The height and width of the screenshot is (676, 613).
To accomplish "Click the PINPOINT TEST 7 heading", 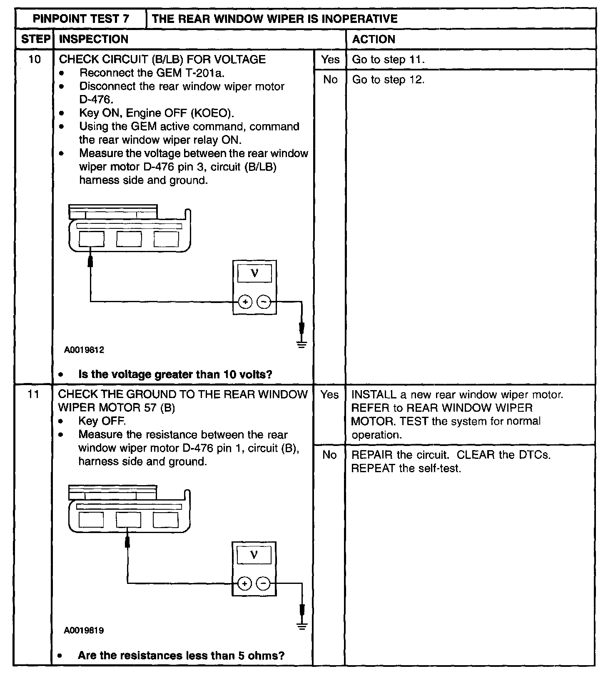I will pos(81,19).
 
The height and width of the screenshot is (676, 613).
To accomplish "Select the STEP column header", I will pos(35,39).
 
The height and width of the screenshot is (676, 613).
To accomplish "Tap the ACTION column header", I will pos(374,39).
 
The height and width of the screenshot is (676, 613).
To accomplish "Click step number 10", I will pos(35,60).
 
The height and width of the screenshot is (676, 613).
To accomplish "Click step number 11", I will pos(34,394).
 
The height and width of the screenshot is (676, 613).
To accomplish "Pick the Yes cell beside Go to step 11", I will pos(330,60).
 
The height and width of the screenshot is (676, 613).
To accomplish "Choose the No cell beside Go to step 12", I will pos(330,80).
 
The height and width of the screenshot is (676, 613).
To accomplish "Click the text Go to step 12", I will pos(388,80).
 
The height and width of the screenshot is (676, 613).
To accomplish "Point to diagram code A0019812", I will pos(84,350).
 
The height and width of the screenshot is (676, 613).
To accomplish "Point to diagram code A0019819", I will pos(84,631).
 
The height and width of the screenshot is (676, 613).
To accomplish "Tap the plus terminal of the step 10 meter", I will pos(245,302).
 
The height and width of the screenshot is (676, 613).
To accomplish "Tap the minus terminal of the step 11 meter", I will pos(263,583).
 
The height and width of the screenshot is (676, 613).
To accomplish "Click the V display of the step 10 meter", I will pos(254,273).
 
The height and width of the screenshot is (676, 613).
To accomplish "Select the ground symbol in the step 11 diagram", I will pos(302,626).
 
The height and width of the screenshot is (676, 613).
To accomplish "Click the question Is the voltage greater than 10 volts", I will pos(175,374).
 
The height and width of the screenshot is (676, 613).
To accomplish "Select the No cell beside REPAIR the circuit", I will pos(329,455).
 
